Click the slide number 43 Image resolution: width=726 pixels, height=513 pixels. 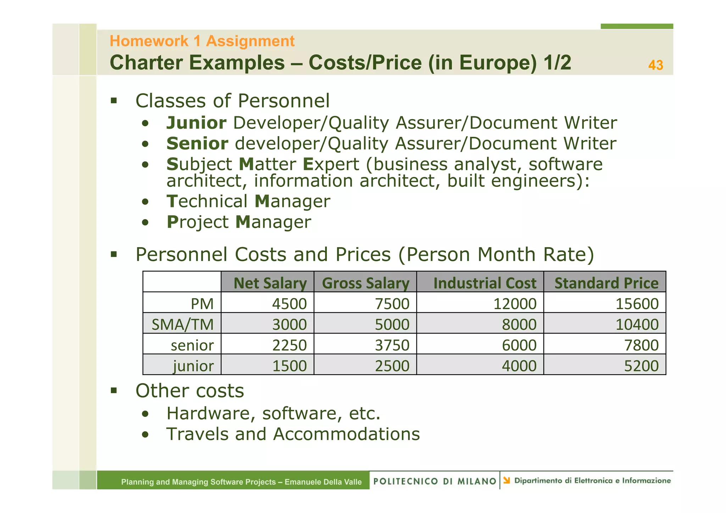click(655, 65)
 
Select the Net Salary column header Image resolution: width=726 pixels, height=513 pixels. click(270, 283)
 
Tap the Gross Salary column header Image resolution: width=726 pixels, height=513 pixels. click(365, 283)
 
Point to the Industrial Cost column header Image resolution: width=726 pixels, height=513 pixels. click(485, 283)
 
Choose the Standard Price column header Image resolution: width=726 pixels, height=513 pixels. click(606, 283)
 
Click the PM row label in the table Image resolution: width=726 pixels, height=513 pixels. click(202, 304)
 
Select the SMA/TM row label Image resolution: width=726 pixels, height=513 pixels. click(183, 324)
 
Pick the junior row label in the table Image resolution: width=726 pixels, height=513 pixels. click(193, 366)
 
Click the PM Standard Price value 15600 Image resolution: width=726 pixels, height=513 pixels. click(637, 304)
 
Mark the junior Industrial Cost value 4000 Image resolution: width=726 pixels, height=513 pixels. click(519, 366)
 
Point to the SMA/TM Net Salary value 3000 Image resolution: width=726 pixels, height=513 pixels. click(289, 324)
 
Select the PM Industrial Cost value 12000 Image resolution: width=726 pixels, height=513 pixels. click(515, 304)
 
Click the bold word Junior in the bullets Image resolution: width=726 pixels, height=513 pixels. click(196, 123)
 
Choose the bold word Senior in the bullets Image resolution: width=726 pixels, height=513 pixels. click(197, 144)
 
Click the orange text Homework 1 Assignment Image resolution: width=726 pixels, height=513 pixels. click(202, 41)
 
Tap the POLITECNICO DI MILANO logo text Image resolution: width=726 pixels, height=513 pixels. click(435, 481)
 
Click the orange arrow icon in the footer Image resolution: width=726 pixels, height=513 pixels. click(507, 480)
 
